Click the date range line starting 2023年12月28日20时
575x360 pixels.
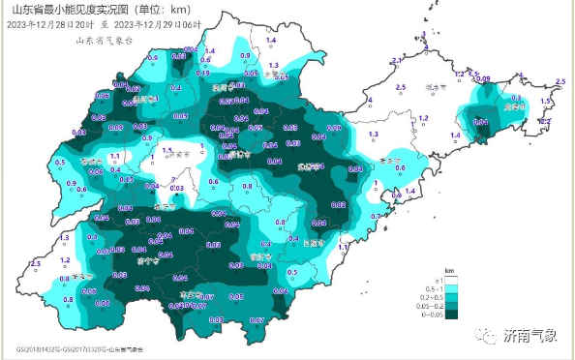pos(117,23)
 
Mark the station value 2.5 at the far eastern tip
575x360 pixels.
pos(560,84)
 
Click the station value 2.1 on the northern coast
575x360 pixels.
pos(396,61)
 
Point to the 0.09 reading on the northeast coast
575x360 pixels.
pos(483,78)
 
